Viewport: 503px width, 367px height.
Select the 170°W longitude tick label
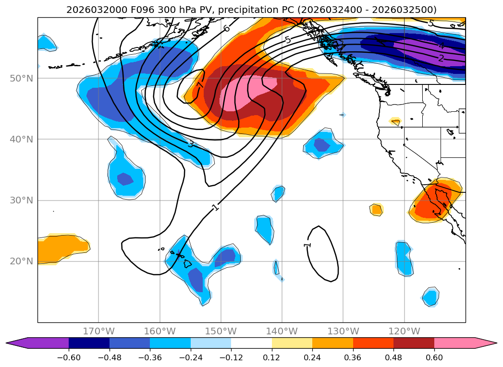(x=98, y=331)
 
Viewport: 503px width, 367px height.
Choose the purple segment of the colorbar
(x=43, y=343)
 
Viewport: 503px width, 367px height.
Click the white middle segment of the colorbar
(x=251, y=343)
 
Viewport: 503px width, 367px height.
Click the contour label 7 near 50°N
(x=200, y=84)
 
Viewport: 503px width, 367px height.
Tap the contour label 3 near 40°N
(x=191, y=144)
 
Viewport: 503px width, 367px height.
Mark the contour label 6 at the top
(x=226, y=28)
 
